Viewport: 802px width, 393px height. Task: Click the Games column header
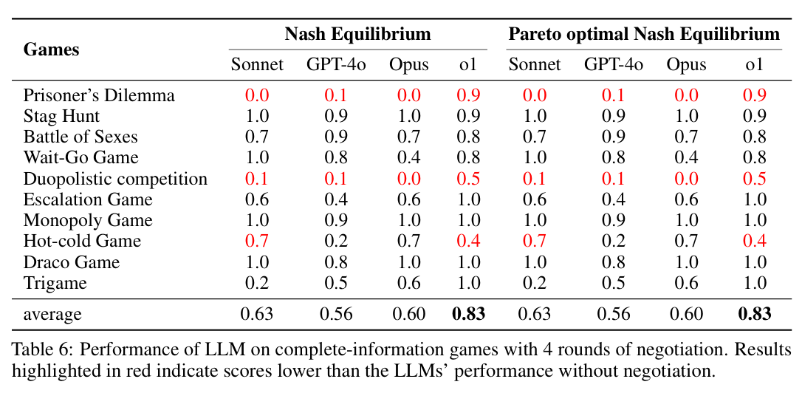click(51, 49)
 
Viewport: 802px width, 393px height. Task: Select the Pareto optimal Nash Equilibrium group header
click(643, 34)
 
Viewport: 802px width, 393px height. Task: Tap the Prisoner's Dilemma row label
click(99, 95)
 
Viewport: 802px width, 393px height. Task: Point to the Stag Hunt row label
click(61, 116)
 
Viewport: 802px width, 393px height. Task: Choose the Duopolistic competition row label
click(115, 179)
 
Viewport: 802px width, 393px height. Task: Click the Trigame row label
click(55, 283)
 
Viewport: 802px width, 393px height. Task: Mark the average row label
click(52, 314)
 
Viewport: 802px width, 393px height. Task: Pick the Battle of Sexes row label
click(80, 137)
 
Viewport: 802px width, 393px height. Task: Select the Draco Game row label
click(71, 262)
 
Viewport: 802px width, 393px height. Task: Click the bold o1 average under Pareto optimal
click(754, 314)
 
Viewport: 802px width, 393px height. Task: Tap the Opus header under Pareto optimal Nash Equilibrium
click(686, 65)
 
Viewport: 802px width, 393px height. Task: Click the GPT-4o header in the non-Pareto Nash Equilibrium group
click(336, 65)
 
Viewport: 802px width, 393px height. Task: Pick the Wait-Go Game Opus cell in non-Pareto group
click(409, 157)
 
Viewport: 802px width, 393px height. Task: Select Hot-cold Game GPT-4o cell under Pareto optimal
click(613, 241)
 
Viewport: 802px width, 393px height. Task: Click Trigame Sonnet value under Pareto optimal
click(534, 283)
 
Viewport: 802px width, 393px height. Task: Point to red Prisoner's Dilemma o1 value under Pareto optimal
click(754, 95)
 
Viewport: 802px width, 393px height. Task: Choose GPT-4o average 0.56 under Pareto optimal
click(613, 314)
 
